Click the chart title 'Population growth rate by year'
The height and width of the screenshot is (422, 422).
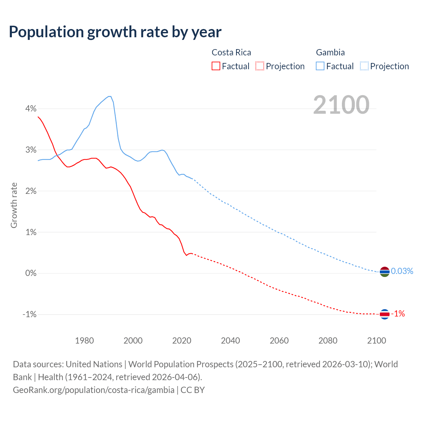point(115,32)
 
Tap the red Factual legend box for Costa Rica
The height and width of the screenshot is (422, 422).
point(216,66)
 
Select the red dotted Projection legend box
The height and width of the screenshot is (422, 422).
point(260,66)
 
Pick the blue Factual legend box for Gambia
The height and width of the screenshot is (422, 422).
point(320,66)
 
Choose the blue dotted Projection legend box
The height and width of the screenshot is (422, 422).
point(364,66)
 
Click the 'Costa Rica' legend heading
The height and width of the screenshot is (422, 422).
point(231,52)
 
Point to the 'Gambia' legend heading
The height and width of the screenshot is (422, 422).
point(330,52)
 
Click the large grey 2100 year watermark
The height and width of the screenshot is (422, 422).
point(341,105)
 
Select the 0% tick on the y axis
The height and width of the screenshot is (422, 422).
point(31,273)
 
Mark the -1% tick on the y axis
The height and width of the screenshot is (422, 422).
point(29,314)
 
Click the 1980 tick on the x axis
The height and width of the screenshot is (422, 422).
point(84,341)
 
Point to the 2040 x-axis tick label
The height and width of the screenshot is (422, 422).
point(230,341)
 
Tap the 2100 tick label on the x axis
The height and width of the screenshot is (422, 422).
point(377,341)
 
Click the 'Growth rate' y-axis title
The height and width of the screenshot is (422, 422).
point(14,205)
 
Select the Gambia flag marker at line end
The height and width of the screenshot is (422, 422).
point(384,272)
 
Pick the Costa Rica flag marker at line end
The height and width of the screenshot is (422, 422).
point(384,314)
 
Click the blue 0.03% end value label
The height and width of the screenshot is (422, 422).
point(402,271)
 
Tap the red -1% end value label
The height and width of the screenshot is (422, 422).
point(398,314)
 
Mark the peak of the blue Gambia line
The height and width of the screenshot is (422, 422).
point(110,96)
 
